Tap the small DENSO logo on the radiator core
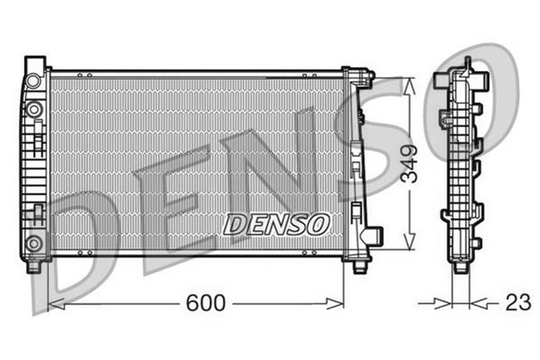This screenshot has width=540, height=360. coord(275,223)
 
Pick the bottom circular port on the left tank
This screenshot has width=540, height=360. coord(33,245)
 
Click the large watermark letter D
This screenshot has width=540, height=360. coord(84,244)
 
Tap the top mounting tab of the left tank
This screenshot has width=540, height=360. coord(35,62)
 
